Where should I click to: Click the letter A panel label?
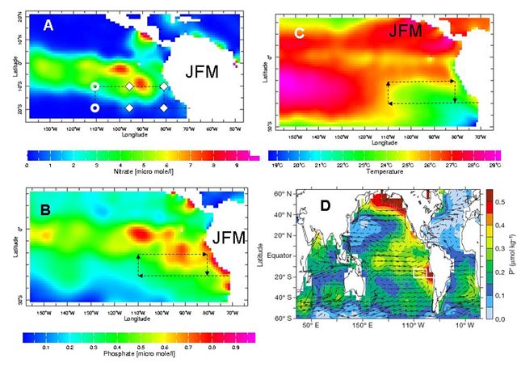click(48, 26)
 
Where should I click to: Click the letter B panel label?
click(45, 213)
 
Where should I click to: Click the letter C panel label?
click(300, 33)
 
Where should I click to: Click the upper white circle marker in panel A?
click(95, 86)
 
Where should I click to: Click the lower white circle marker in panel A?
click(95, 107)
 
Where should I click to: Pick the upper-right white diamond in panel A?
click(163, 86)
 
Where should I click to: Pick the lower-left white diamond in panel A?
click(128, 107)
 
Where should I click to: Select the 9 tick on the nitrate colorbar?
click(236, 164)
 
